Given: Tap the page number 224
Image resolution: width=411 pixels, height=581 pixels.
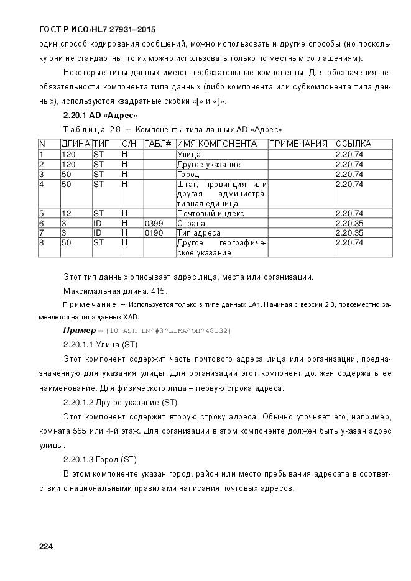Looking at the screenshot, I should pyautogui.click(x=46, y=546).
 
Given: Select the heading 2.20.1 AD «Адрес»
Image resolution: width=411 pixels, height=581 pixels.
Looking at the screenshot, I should pyautogui.click(x=100, y=116).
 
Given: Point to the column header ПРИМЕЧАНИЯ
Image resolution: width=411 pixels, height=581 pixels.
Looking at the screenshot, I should pyautogui.click(x=298, y=144).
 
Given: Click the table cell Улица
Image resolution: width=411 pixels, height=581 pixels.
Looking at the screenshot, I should pyautogui.click(x=188, y=155).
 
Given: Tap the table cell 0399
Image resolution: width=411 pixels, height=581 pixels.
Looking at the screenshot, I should pyautogui.click(x=154, y=223).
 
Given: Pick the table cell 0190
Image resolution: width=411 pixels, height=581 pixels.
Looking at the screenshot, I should pyautogui.click(x=154, y=232).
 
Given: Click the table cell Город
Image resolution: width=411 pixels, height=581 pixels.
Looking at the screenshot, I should pyautogui.click(x=188, y=175).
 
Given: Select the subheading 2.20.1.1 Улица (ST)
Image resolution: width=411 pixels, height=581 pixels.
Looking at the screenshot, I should pyautogui.click(x=100, y=344).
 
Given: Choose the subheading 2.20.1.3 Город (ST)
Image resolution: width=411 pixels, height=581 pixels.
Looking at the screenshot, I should pyautogui.click(x=99, y=460).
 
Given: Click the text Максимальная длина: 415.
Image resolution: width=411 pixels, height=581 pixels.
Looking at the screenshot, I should pyautogui.click(x=115, y=291).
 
